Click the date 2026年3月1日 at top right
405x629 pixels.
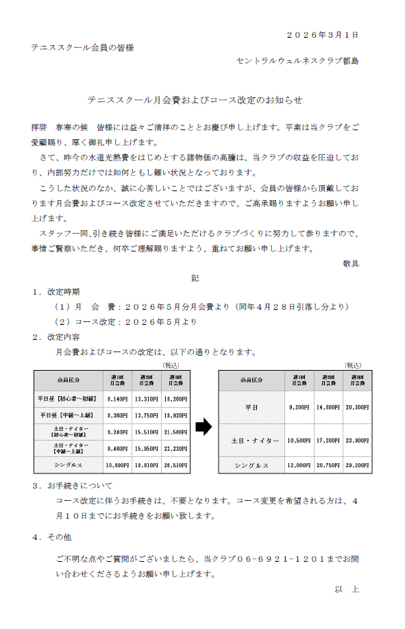[x=321, y=34]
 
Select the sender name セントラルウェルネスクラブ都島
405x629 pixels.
[x=297, y=61]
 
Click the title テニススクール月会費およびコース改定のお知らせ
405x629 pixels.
[x=195, y=100]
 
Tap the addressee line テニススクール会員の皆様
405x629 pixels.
[x=82, y=47]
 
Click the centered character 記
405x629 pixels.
[x=195, y=278]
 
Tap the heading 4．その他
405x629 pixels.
[x=56, y=537]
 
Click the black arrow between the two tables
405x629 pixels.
[x=204, y=427]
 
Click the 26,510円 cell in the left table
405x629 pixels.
[x=176, y=465]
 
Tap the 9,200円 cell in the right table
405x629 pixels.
[x=300, y=408]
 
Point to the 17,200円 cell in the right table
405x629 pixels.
[x=329, y=440]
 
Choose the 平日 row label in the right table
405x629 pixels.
[x=251, y=408]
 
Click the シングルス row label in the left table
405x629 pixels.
[x=67, y=465]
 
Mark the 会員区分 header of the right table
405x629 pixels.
[x=251, y=380]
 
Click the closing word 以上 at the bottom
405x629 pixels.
[x=347, y=589]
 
